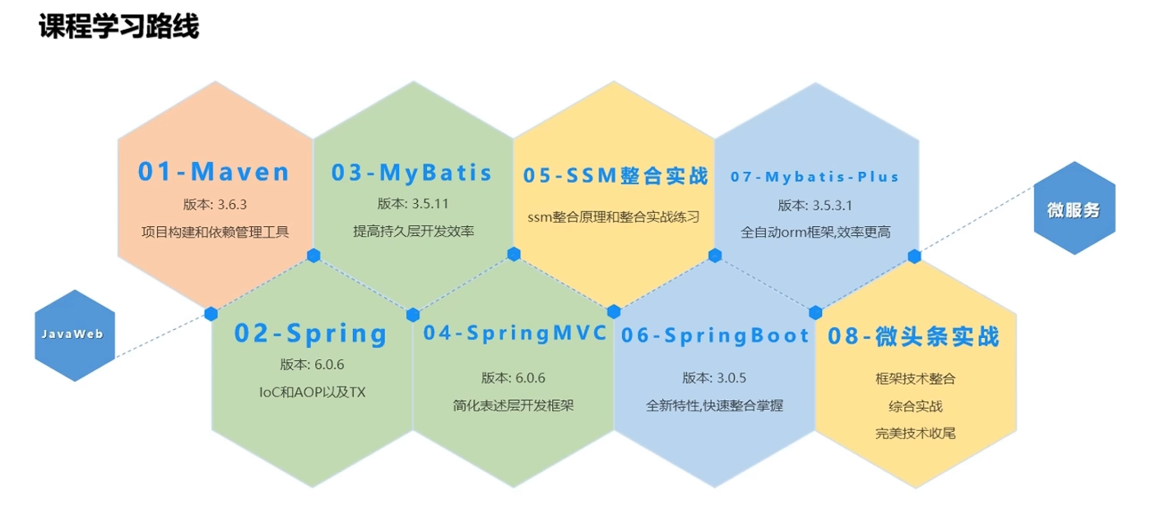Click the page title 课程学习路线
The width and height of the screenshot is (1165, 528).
click(x=118, y=26)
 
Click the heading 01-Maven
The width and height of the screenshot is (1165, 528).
click(x=214, y=172)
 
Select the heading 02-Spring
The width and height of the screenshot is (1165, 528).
click(x=310, y=334)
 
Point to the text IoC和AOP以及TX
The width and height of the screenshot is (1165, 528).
click(x=311, y=392)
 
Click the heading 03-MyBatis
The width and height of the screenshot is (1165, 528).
click(x=412, y=173)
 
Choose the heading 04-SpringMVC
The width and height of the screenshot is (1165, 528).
click(x=514, y=333)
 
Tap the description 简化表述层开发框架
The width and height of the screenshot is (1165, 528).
click(x=513, y=405)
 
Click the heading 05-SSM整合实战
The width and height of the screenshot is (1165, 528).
click(x=615, y=176)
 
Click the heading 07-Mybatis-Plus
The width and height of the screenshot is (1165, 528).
click(x=815, y=177)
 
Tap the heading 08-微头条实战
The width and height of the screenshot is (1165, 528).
click(x=914, y=336)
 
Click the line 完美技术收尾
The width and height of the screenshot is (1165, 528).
click(x=916, y=433)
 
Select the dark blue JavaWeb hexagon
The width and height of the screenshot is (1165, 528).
click(x=75, y=335)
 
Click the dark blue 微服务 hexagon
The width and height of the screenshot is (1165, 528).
click(x=1073, y=210)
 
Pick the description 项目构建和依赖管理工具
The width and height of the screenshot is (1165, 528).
click(x=215, y=232)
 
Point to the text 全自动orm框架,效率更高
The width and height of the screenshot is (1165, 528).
click(x=815, y=233)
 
